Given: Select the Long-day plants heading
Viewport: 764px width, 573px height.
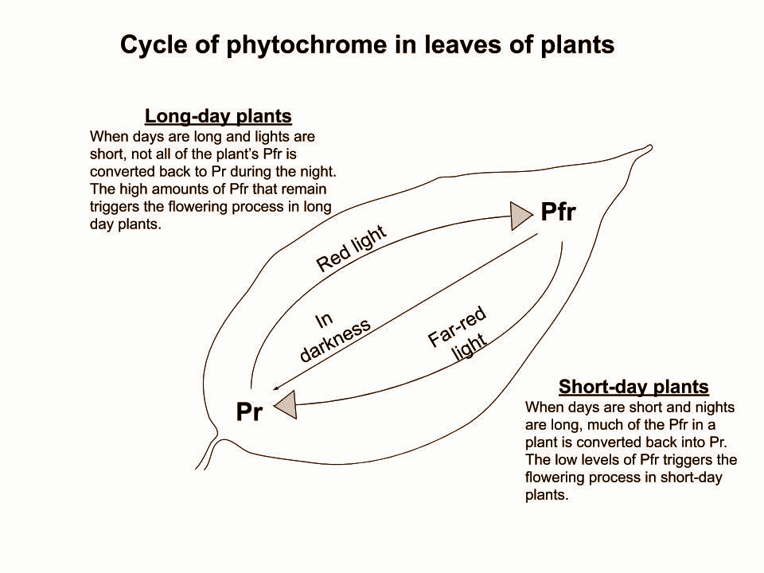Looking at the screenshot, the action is [x=218, y=116].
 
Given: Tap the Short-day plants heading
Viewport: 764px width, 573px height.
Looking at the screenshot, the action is [x=633, y=387].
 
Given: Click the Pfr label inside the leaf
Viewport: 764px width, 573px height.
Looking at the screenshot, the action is [x=559, y=212].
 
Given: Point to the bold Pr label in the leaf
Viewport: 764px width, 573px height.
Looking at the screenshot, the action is [x=249, y=411].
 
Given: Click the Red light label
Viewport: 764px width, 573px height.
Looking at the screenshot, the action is [x=351, y=248].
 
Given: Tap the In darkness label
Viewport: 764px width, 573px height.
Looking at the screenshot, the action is [x=334, y=337].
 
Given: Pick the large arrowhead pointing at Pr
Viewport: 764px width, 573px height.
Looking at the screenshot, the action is [x=286, y=405].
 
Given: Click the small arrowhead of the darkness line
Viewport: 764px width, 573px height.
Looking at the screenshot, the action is [x=277, y=388].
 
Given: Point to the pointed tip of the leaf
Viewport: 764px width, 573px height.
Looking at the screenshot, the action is [x=650, y=146].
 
